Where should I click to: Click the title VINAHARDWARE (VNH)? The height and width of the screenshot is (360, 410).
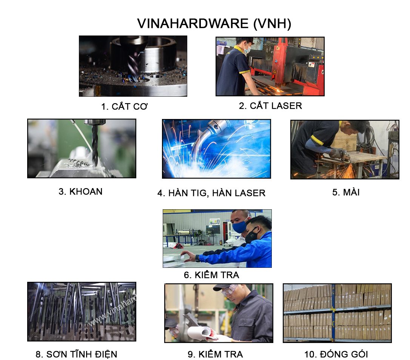214,23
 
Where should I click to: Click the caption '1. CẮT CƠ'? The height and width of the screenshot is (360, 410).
124,106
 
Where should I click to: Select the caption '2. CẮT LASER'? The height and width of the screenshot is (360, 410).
270,105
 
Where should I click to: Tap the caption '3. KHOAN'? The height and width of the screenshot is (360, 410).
80,192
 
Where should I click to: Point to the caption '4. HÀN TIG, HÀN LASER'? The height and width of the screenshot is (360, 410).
211,193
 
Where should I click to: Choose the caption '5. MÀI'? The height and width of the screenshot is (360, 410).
346,192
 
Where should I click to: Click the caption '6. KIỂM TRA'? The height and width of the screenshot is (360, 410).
211,275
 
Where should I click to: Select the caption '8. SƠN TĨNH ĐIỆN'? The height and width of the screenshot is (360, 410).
76,354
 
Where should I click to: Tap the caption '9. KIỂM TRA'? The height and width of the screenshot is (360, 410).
215,354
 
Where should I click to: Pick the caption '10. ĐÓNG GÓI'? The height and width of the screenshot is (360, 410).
336,354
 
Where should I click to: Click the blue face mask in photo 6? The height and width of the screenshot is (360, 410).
239,226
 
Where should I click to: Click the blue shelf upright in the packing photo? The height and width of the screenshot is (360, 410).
333,313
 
